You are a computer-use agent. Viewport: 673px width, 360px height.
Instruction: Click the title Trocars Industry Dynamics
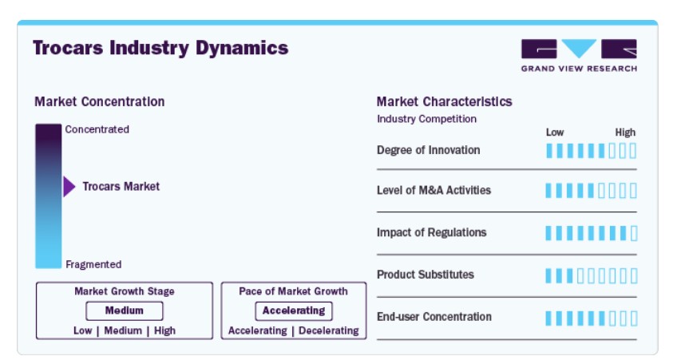tap(160, 48)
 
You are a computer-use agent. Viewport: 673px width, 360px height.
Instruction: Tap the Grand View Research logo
tap(579, 55)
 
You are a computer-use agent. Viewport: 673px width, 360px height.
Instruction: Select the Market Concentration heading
tap(100, 101)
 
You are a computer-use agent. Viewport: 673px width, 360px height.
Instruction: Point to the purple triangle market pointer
tap(69, 187)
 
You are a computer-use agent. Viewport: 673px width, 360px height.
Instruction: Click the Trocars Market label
tap(121, 186)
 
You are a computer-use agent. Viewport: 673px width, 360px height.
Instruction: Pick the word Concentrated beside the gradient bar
tap(97, 129)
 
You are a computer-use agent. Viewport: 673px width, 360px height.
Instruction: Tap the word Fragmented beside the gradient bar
tap(93, 264)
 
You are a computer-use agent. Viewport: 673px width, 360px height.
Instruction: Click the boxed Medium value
tap(125, 311)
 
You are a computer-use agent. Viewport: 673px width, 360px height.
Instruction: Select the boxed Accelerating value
tap(294, 311)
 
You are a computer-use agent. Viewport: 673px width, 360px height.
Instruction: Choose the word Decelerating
tap(329, 330)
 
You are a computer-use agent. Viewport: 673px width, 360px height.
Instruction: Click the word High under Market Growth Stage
tap(164, 330)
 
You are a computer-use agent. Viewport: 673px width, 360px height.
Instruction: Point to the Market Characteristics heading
tap(444, 101)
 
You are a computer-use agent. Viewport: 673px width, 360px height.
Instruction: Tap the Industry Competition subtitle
tap(426, 119)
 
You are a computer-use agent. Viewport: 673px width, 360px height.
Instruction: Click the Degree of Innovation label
tap(429, 150)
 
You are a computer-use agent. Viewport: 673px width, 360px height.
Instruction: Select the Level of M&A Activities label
tap(433, 190)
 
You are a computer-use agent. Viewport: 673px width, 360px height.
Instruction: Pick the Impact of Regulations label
tap(431, 232)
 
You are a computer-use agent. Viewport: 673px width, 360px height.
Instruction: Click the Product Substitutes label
tap(426, 275)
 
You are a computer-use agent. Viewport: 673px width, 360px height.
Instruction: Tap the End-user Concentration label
tap(434, 317)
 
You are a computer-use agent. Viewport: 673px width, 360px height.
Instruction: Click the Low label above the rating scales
tap(555, 133)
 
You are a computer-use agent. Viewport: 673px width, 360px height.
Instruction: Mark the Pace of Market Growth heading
tap(293, 291)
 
